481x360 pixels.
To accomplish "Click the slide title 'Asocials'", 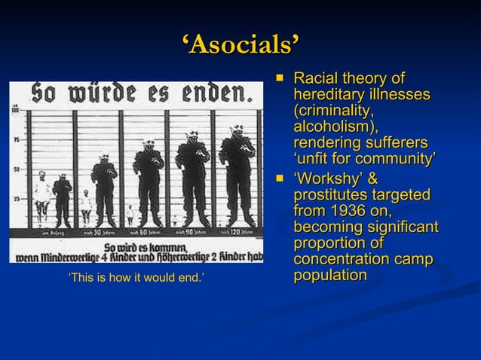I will (240, 45).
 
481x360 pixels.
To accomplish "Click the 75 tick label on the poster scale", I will (16, 139).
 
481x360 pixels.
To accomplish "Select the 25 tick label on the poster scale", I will (16, 199).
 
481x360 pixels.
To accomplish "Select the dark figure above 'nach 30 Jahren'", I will (104, 192).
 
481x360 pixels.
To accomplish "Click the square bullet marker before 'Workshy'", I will (281, 179).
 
